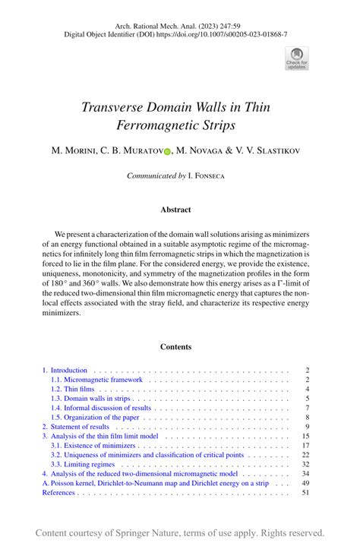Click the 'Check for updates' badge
[296, 58]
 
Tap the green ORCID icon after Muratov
[167, 150]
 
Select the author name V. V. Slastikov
[263, 150]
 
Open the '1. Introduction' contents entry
[65, 371]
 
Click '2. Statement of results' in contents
[75, 427]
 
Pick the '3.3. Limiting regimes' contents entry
[83, 464]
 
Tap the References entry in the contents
[58, 492]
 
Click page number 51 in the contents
[305, 492]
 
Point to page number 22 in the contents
[305, 455]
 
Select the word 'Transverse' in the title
[114, 106]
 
